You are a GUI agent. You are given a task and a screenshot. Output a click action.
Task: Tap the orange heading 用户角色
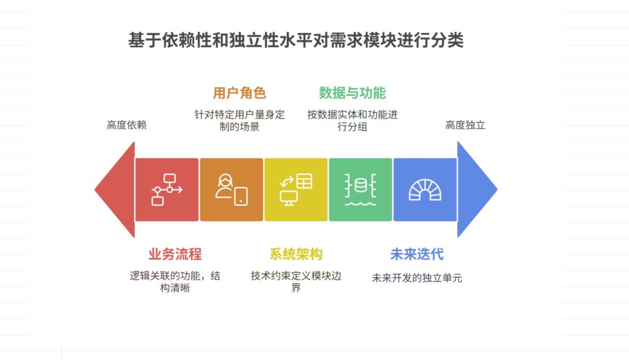pyautogui.click(x=239, y=93)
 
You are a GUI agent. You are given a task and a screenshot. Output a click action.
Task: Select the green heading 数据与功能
pyautogui.click(x=352, y=93)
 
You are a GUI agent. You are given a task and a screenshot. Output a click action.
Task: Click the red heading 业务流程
pyautogui.click(x=175, y=254)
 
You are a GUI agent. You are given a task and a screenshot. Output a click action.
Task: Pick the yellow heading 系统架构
pyautogui.click(x=295, y=254)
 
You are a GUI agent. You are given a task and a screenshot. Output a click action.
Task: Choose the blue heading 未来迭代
pyautogui.click(x=416, y=254)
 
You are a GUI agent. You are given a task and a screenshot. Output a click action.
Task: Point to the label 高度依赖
pyautogui.click(x=127, y=125)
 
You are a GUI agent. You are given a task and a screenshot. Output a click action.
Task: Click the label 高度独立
pyautogui.click(x=465, y=125)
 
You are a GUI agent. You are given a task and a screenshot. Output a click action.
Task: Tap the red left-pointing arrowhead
pyautogui.click(x=115, y=189)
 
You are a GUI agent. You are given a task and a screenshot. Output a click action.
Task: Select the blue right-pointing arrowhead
pyautogui.click(x=475, y=189)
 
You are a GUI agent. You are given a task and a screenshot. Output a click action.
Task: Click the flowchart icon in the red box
pyautogui.click(x=166, y=189)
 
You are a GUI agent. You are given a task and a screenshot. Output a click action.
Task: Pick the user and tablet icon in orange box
pyautogui.click(x=232, y=189)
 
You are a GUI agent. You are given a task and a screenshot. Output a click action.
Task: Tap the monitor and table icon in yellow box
pyautogui.click(x=295, y=189)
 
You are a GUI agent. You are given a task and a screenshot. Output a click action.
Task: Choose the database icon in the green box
pyautogui.click(x=360, y=189)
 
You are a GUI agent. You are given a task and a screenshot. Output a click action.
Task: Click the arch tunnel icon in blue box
pyautogui.click(x=424, y=189)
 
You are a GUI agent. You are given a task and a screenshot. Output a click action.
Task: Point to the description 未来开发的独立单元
pyautogui.click(x=416, y=278)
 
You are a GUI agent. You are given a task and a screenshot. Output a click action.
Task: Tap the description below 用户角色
pyautogui.click(x=240, y=120)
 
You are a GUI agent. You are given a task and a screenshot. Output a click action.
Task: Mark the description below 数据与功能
pyautogui.click(x=352, y=120)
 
